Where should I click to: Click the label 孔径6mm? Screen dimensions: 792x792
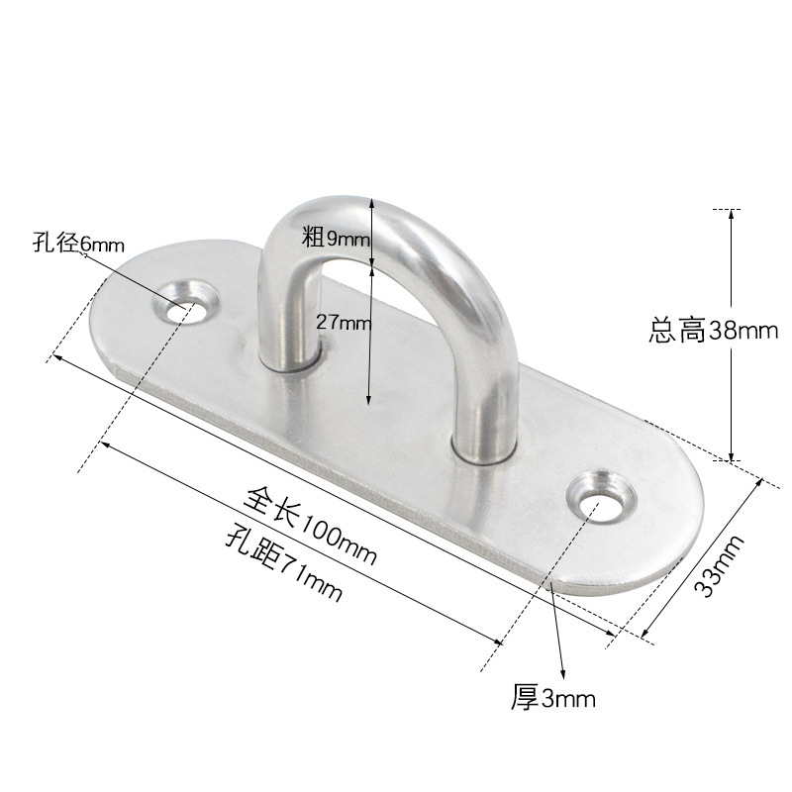pyautogui.click(x=78, y=243)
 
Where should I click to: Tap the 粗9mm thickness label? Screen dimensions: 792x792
pyautogui.click(x=337, y=238)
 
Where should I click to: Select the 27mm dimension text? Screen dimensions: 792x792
pyautogui.click(x=344, y=322)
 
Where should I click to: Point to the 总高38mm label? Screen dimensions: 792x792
pyautogui.click(x=713, y=331)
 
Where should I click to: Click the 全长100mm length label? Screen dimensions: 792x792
pyautogui.click(x=310, y=526)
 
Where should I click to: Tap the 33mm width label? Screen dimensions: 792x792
pyautogui.click(x=719, y=565)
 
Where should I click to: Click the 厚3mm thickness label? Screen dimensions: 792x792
pyautogui.click(x=553, y=698)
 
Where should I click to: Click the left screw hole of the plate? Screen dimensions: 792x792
pyautogui.click(x=185, y=304)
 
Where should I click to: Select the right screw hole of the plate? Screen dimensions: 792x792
pyautogui.click(x=600, y=498)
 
